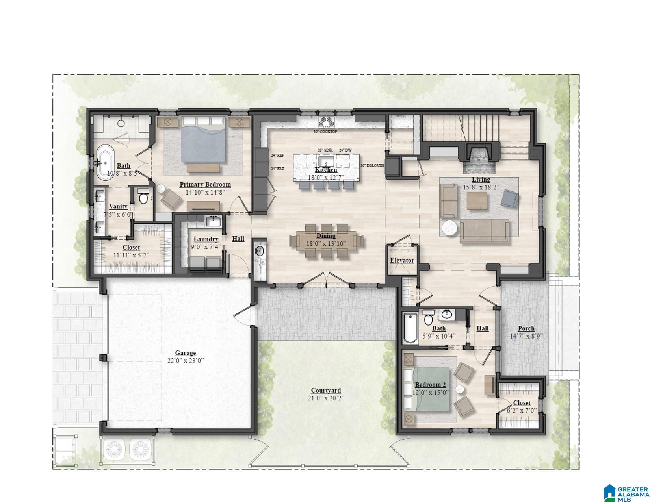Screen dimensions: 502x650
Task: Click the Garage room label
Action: point(186,353)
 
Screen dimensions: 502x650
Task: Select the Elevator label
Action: point(402,260)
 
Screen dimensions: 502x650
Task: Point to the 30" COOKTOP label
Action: point(325,132)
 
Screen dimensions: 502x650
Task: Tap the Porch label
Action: point(526,328)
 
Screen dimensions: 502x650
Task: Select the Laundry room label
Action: point(206,239)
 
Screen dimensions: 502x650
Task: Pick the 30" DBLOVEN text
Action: point(372,165)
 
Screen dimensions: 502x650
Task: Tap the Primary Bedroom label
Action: point(205,184)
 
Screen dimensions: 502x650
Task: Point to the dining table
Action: point(326,241)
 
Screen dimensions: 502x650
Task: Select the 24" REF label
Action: point(277,155)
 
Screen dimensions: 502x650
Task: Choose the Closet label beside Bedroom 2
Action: point(522,403)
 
